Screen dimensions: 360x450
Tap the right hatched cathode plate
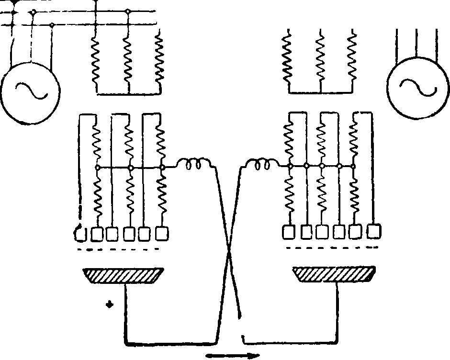[x=334, y=275]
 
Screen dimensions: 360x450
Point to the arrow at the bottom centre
[x=233, y=355]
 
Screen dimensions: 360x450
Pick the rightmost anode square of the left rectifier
[x=162, y=233]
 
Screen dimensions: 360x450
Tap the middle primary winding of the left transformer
[x=128, y=60]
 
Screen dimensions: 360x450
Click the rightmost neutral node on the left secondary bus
[x=162, y=167]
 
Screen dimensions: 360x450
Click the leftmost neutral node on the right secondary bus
[x=290, y=166]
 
